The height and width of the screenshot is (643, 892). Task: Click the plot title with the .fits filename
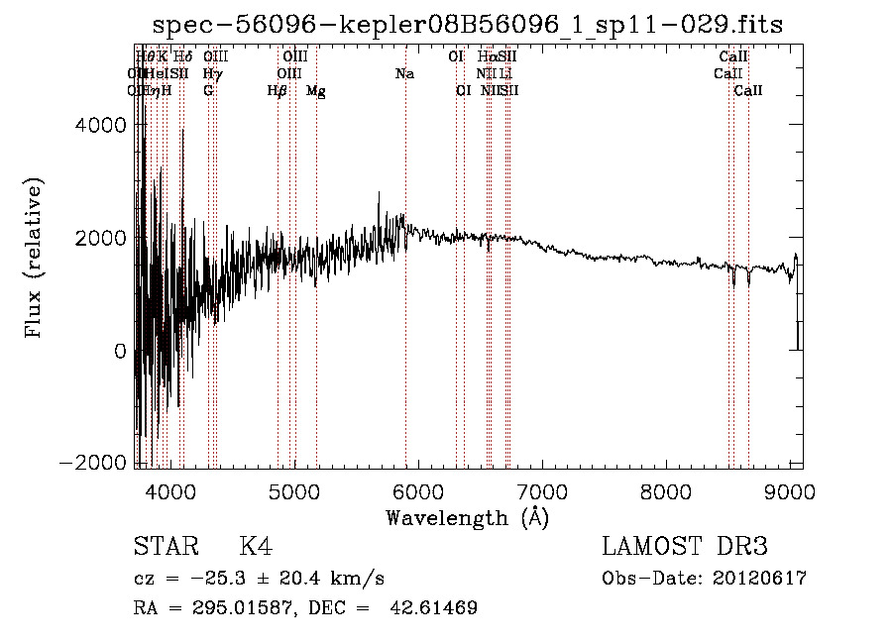tap(466, 25)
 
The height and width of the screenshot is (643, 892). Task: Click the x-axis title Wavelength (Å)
tap(467, 517)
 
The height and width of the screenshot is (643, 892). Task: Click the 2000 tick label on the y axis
tap(104, 238)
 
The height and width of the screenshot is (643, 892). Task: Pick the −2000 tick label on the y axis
tap(98, 464)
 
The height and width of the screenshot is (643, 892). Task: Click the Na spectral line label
tap(404, 74)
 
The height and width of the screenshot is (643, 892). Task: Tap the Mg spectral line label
tap(316, 91)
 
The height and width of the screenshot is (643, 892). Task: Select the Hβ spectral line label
tap(278, 91)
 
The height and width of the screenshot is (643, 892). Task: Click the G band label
tap(208, 91)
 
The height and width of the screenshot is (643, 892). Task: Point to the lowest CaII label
tap(748, 91)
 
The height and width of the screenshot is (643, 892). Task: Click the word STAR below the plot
tap(166, 547)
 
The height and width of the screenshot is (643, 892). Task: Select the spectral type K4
tap(256, 547)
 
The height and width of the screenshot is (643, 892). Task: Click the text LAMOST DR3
tap(685, 547)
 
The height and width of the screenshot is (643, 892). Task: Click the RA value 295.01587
tap(236, 607)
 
